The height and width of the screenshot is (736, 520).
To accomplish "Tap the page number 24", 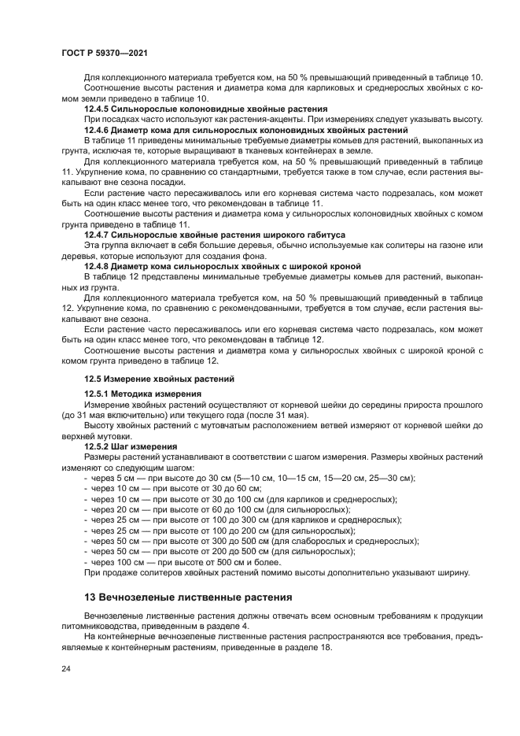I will click(x=65, y=668).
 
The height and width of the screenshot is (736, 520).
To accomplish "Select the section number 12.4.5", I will click(x=98, y=108).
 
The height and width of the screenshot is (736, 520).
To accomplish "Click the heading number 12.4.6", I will click(x=98, y=128).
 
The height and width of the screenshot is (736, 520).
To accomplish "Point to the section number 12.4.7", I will click(x=98, y=235).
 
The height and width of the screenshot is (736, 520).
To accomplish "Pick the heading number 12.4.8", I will click(x=98, y=266).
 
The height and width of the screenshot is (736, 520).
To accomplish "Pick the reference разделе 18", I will click(x=311, y=648).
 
